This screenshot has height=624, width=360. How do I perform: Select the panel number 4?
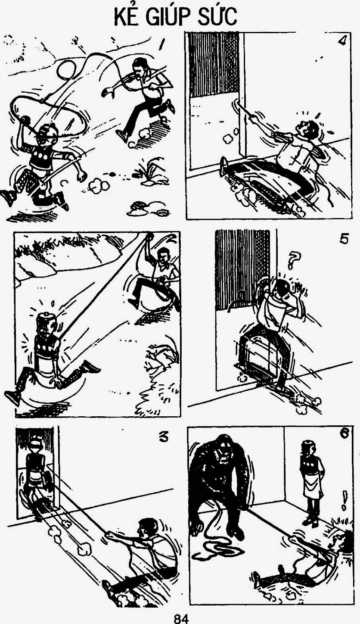[x=342, y=41]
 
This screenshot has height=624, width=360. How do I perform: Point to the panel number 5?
[x=344, y=240]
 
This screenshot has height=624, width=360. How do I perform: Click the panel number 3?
[x=163, y=438]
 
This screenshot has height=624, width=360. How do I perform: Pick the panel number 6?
[x=344, y=434]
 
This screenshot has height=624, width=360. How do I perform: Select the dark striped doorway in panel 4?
[x=214, y=65]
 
